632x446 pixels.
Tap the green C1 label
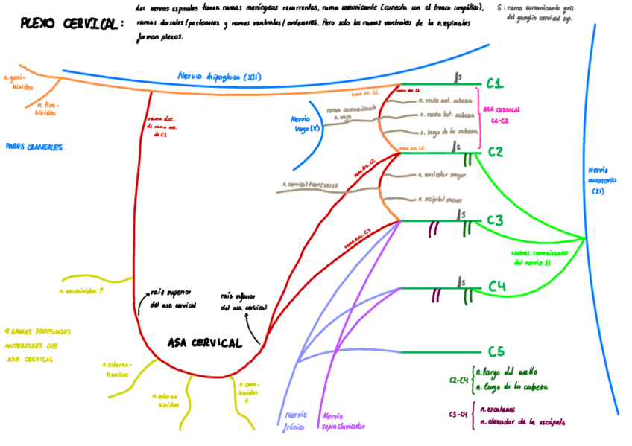496,83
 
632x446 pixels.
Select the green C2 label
496,153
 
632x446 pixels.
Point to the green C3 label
496,220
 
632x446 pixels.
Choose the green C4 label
497,287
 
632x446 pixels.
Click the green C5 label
496,351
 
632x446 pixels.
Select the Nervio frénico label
297,421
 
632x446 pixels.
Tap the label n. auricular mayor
446,176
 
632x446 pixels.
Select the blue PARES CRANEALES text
34,147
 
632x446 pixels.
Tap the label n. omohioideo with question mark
81,291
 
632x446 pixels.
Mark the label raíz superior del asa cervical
173,299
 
